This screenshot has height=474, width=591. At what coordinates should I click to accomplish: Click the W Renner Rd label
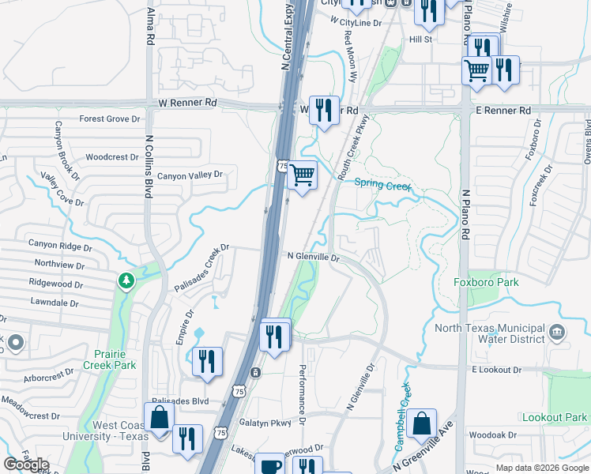tap(187, 103)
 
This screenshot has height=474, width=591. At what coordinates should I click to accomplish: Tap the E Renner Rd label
tap(503, 111)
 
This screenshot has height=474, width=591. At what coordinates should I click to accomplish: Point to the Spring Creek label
tap(382, 185)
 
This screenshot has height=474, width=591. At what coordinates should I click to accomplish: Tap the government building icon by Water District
tap(559, 331)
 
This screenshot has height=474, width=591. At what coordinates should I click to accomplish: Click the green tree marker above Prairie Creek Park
tap(126, 280)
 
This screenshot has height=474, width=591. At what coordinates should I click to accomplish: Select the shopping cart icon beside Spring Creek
tap(302, 175)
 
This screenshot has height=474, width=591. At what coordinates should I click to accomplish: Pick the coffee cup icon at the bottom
tap(269, 466)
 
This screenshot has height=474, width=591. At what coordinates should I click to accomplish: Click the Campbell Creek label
tap(402, 418)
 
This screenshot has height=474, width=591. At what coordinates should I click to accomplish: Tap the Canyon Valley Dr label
tap(190, 175)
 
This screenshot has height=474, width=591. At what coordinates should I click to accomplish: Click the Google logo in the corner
tap(26, 465)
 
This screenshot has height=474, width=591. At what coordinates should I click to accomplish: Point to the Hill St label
tap(420, 39)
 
